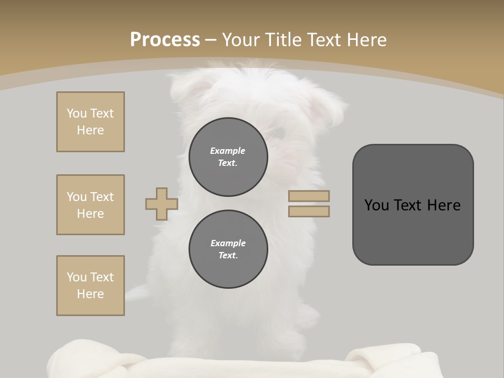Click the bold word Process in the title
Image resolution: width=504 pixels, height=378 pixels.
pyautogui.click(x=165, y=40)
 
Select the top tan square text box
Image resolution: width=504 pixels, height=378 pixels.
pyautogui.click(x=90, y=122)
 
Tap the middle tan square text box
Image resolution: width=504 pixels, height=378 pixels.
pyautogui.click(x=90, y=205)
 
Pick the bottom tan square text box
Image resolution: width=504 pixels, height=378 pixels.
pyautogui.click(x=90, y=286)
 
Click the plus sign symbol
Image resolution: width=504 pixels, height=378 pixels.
pyautogui.click(x=162, y=204)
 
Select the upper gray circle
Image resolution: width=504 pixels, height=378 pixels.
pyautogui.click(x=228, y=157)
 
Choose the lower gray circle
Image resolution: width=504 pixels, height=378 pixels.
pyautogui.click(x=228, y=249)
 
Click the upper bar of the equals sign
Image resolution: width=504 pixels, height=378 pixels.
pyautogui.click(x=309, y=196)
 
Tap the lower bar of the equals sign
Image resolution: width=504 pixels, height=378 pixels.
pyautogui.click(x=309, y=211)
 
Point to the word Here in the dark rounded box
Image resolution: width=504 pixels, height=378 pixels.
pyautogui.click(x=444, y=205)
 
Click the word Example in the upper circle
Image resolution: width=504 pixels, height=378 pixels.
pyautogui.click(x=227, y=151)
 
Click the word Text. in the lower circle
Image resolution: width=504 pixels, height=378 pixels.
pyautogui.click(x=228, y=256)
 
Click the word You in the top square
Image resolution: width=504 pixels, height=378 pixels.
pyautogui.click(x=76, y=113)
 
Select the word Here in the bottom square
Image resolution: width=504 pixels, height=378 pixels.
pyautogui.click(x=90, y=294)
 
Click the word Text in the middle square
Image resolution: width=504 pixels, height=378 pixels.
pyautogui.click(x=101, y=197)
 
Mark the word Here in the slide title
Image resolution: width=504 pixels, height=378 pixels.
pyautogui.click(x=366, y=40)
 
